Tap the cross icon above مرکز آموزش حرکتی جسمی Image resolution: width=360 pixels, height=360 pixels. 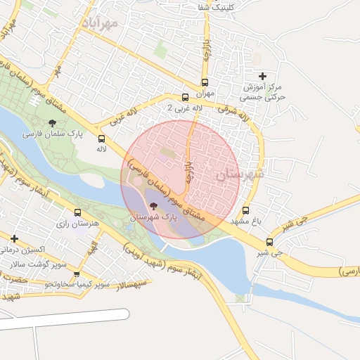pos(263,75)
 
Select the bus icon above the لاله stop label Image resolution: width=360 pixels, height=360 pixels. pos(102,139)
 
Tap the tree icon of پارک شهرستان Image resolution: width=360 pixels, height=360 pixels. pos(153,206)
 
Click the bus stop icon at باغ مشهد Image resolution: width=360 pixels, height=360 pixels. pos(245,210)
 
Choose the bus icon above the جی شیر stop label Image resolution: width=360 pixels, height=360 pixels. pos(270,241)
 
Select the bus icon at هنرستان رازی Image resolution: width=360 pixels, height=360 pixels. pos(77,213)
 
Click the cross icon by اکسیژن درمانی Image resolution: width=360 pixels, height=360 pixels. pos(14,239)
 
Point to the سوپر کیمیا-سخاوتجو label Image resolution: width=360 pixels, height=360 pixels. pos(77,285)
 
